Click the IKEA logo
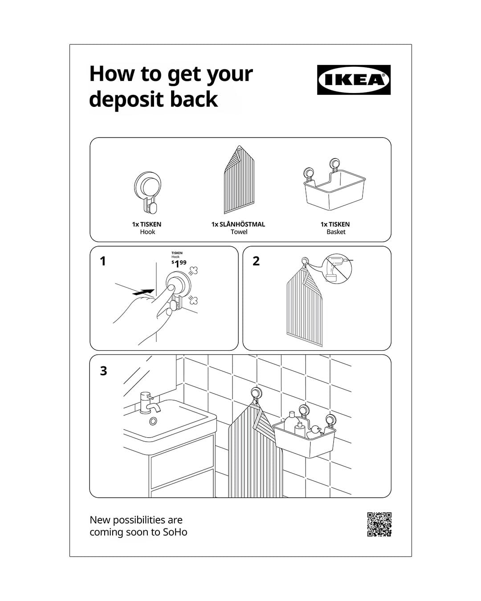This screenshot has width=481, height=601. [x=354, y=80]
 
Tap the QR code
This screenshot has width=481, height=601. [x=379, y=524]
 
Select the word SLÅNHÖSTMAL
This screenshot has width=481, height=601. [x=242, y=224]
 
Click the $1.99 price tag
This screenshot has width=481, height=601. [x=179, y=263]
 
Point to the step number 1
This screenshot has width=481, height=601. [x=103, y=261]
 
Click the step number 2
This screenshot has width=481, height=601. [x=256, y=261]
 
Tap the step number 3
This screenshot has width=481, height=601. [x=103, y=371]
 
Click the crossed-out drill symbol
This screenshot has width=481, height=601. [x=337, y=269]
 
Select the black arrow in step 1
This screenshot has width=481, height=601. [x=143, y=292]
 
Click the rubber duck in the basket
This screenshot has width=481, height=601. [x=314, y=432]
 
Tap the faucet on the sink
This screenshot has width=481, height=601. [x=148, y=403]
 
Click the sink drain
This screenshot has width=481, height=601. [x=153, y=421]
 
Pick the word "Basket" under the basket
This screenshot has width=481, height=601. [x=336, y=231]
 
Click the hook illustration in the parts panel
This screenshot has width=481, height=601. [x=147, y=193]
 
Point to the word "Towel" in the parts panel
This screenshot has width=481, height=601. [x=239, y=231]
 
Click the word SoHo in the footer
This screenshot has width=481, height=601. [x=175, y=532]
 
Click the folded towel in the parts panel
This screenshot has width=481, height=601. [x=239, y=179]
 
